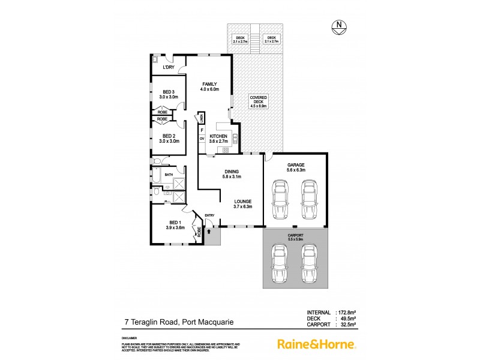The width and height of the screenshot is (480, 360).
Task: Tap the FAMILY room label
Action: tap(209, 83)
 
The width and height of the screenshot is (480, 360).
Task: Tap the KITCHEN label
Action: tap(218, 137)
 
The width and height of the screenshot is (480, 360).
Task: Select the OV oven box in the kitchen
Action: tap(202, 139)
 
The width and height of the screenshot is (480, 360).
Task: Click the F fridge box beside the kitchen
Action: tap(202, 129)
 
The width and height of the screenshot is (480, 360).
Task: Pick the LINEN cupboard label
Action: tap(203, 118)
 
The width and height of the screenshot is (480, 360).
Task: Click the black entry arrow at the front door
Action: tap(209, 229)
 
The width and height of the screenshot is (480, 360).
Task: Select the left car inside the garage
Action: tap(279, 201)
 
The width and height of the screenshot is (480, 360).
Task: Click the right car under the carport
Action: tap(308, 265)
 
